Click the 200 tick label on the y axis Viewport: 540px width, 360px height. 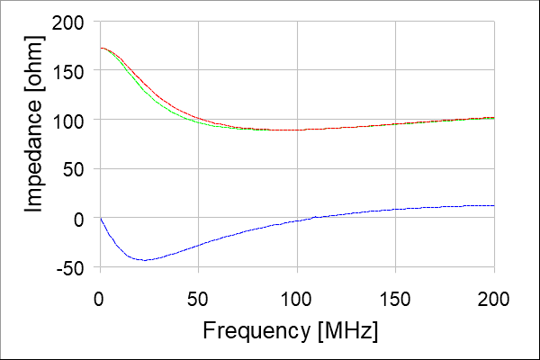73,22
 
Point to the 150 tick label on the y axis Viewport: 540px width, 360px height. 73,70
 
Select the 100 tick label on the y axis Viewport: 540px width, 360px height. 73,120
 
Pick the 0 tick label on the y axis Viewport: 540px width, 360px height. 82,219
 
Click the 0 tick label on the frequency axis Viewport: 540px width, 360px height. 100,297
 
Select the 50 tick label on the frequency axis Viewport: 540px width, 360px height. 198,297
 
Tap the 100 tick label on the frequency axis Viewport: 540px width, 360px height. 297,297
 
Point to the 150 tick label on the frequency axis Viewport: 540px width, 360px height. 395,297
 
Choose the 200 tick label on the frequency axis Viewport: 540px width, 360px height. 494,297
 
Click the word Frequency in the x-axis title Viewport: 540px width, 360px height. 256,331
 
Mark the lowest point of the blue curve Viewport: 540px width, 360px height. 144,259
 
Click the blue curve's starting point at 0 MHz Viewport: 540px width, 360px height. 100,218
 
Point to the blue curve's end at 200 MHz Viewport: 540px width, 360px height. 494,206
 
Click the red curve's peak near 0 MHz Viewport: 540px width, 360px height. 102,49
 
